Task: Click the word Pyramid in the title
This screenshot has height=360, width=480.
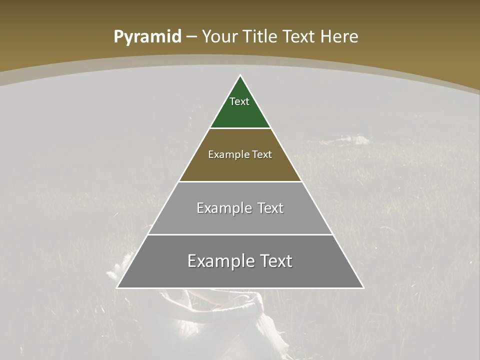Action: coord(147,37)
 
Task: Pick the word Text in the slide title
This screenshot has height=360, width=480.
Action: coord(299,36)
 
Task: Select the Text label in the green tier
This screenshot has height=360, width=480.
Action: coord(239,101)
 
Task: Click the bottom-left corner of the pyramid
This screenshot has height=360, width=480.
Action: coord(117,287)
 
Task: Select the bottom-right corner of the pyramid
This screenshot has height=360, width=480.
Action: coord(363,287)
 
